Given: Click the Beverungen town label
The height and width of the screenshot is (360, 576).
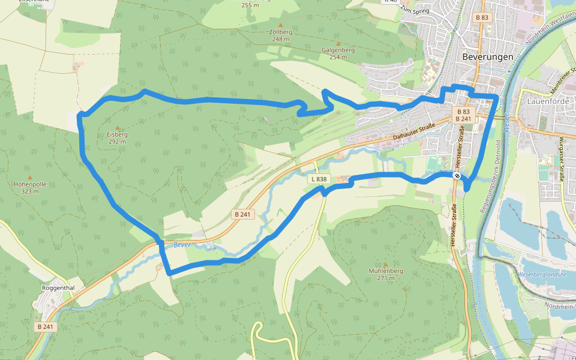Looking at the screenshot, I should pos(488,56).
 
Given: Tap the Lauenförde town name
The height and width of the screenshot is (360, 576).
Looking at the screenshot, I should pos(547,101).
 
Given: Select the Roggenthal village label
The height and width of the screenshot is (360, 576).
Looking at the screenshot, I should pos(58,287).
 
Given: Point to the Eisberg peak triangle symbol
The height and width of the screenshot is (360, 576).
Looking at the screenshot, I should pos(118,127).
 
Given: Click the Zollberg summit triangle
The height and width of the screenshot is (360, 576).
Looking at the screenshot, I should pos(280,25).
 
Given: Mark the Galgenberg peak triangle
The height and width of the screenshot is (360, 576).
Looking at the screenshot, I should pos(338,43).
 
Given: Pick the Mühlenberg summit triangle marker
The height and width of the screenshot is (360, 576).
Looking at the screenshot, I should pos(385,263).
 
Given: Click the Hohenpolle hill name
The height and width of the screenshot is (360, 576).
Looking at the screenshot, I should pos(29,184).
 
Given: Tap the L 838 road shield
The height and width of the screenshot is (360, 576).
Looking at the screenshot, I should pos(319,179).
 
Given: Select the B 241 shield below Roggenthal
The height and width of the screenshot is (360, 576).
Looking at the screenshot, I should pos(45,327).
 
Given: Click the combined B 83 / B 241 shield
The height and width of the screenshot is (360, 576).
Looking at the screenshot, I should pos(463,115).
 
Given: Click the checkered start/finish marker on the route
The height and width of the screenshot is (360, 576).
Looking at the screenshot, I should pos(457,176).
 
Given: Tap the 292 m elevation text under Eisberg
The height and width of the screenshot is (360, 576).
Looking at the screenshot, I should pos(118,142).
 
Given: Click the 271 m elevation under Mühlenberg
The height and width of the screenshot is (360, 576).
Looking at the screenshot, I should pos(385,278).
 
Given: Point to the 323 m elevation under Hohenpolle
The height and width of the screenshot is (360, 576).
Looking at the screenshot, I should pos(29,191).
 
